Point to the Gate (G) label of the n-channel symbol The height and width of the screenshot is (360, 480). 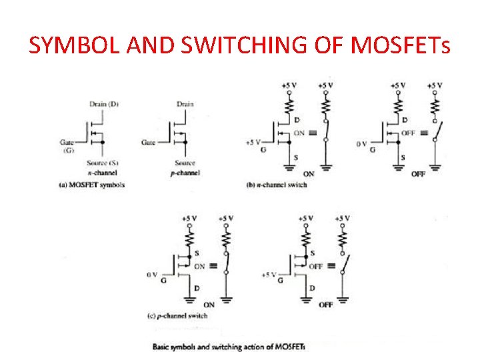[x=67, y=146]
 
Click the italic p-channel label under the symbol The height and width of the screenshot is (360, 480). [x=185, y=173]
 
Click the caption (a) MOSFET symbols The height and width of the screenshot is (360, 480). [x=92, y=184]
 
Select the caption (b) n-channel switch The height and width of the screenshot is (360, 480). [x=277, y=184]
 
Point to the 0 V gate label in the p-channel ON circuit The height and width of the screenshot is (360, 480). [x=152, y=275]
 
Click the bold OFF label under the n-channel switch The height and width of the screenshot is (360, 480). [x=418, y=174]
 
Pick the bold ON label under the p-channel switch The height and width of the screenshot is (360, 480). [x=209, y=305]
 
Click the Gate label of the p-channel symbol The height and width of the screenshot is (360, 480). [x=148, y=142]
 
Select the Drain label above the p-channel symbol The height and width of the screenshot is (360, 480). [x=185, y=103]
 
